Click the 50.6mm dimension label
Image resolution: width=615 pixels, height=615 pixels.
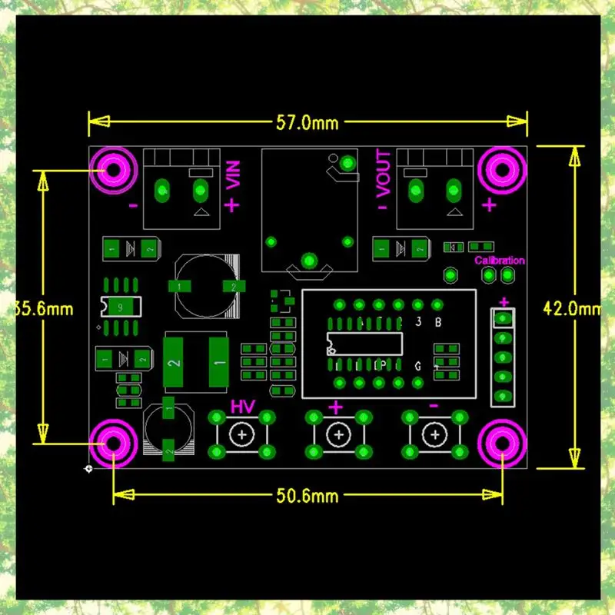click(307, 496)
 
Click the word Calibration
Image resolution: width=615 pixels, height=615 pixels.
click(500, 261)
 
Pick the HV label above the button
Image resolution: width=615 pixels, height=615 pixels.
click(243, 406)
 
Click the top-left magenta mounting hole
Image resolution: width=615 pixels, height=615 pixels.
click(113, 171)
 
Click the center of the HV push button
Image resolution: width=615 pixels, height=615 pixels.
click(243, 435)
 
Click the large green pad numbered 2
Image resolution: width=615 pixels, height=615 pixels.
click(175, 362)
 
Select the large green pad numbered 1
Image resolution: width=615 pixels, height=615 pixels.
click(219, 362)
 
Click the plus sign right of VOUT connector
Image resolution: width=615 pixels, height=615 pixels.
click(489, 204)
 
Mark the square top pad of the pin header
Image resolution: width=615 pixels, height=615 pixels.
click(504, 317)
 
